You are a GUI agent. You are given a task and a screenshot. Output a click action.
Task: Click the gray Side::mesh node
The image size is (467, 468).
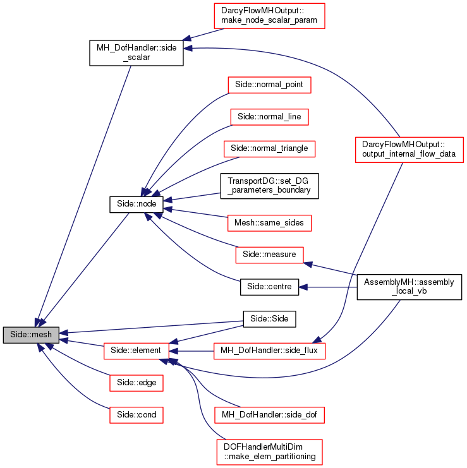coord(31,335)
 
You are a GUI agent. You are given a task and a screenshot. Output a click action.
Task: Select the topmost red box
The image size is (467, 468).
coord(269,16)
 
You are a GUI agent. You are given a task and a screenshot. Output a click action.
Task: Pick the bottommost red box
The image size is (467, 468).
coord(269,452)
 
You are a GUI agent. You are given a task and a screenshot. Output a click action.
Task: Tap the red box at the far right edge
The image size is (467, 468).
coord(409,150)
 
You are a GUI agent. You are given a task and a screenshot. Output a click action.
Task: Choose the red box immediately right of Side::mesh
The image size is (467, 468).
coord(136,351)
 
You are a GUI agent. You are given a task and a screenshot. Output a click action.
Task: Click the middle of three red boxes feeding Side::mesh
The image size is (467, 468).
coord(136,383)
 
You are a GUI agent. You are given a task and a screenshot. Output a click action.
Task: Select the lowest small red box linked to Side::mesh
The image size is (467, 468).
coord(136,415)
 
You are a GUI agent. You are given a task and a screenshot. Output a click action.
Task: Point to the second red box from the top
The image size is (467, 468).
coord(269,85)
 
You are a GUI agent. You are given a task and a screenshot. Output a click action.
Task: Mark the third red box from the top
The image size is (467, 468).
coord(269,117)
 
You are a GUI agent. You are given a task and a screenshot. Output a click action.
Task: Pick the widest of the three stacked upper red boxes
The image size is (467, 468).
coord(269,149)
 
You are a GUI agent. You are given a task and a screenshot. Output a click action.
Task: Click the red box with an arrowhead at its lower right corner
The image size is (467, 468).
coord(269,255)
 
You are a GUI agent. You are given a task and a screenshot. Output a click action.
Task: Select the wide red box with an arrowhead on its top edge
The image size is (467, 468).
coord(269,351)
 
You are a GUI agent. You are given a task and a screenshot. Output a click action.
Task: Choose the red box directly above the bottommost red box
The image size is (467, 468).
coord(269,415)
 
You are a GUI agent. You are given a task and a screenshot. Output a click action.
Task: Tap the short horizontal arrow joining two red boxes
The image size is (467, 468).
coord(192,351)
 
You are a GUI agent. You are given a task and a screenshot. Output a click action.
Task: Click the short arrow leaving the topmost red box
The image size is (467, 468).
coord(202,34)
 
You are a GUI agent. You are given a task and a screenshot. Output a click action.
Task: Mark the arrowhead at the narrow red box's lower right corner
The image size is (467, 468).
coord(308,263)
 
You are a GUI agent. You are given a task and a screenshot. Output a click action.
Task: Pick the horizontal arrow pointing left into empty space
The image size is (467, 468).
coord(329,287)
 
